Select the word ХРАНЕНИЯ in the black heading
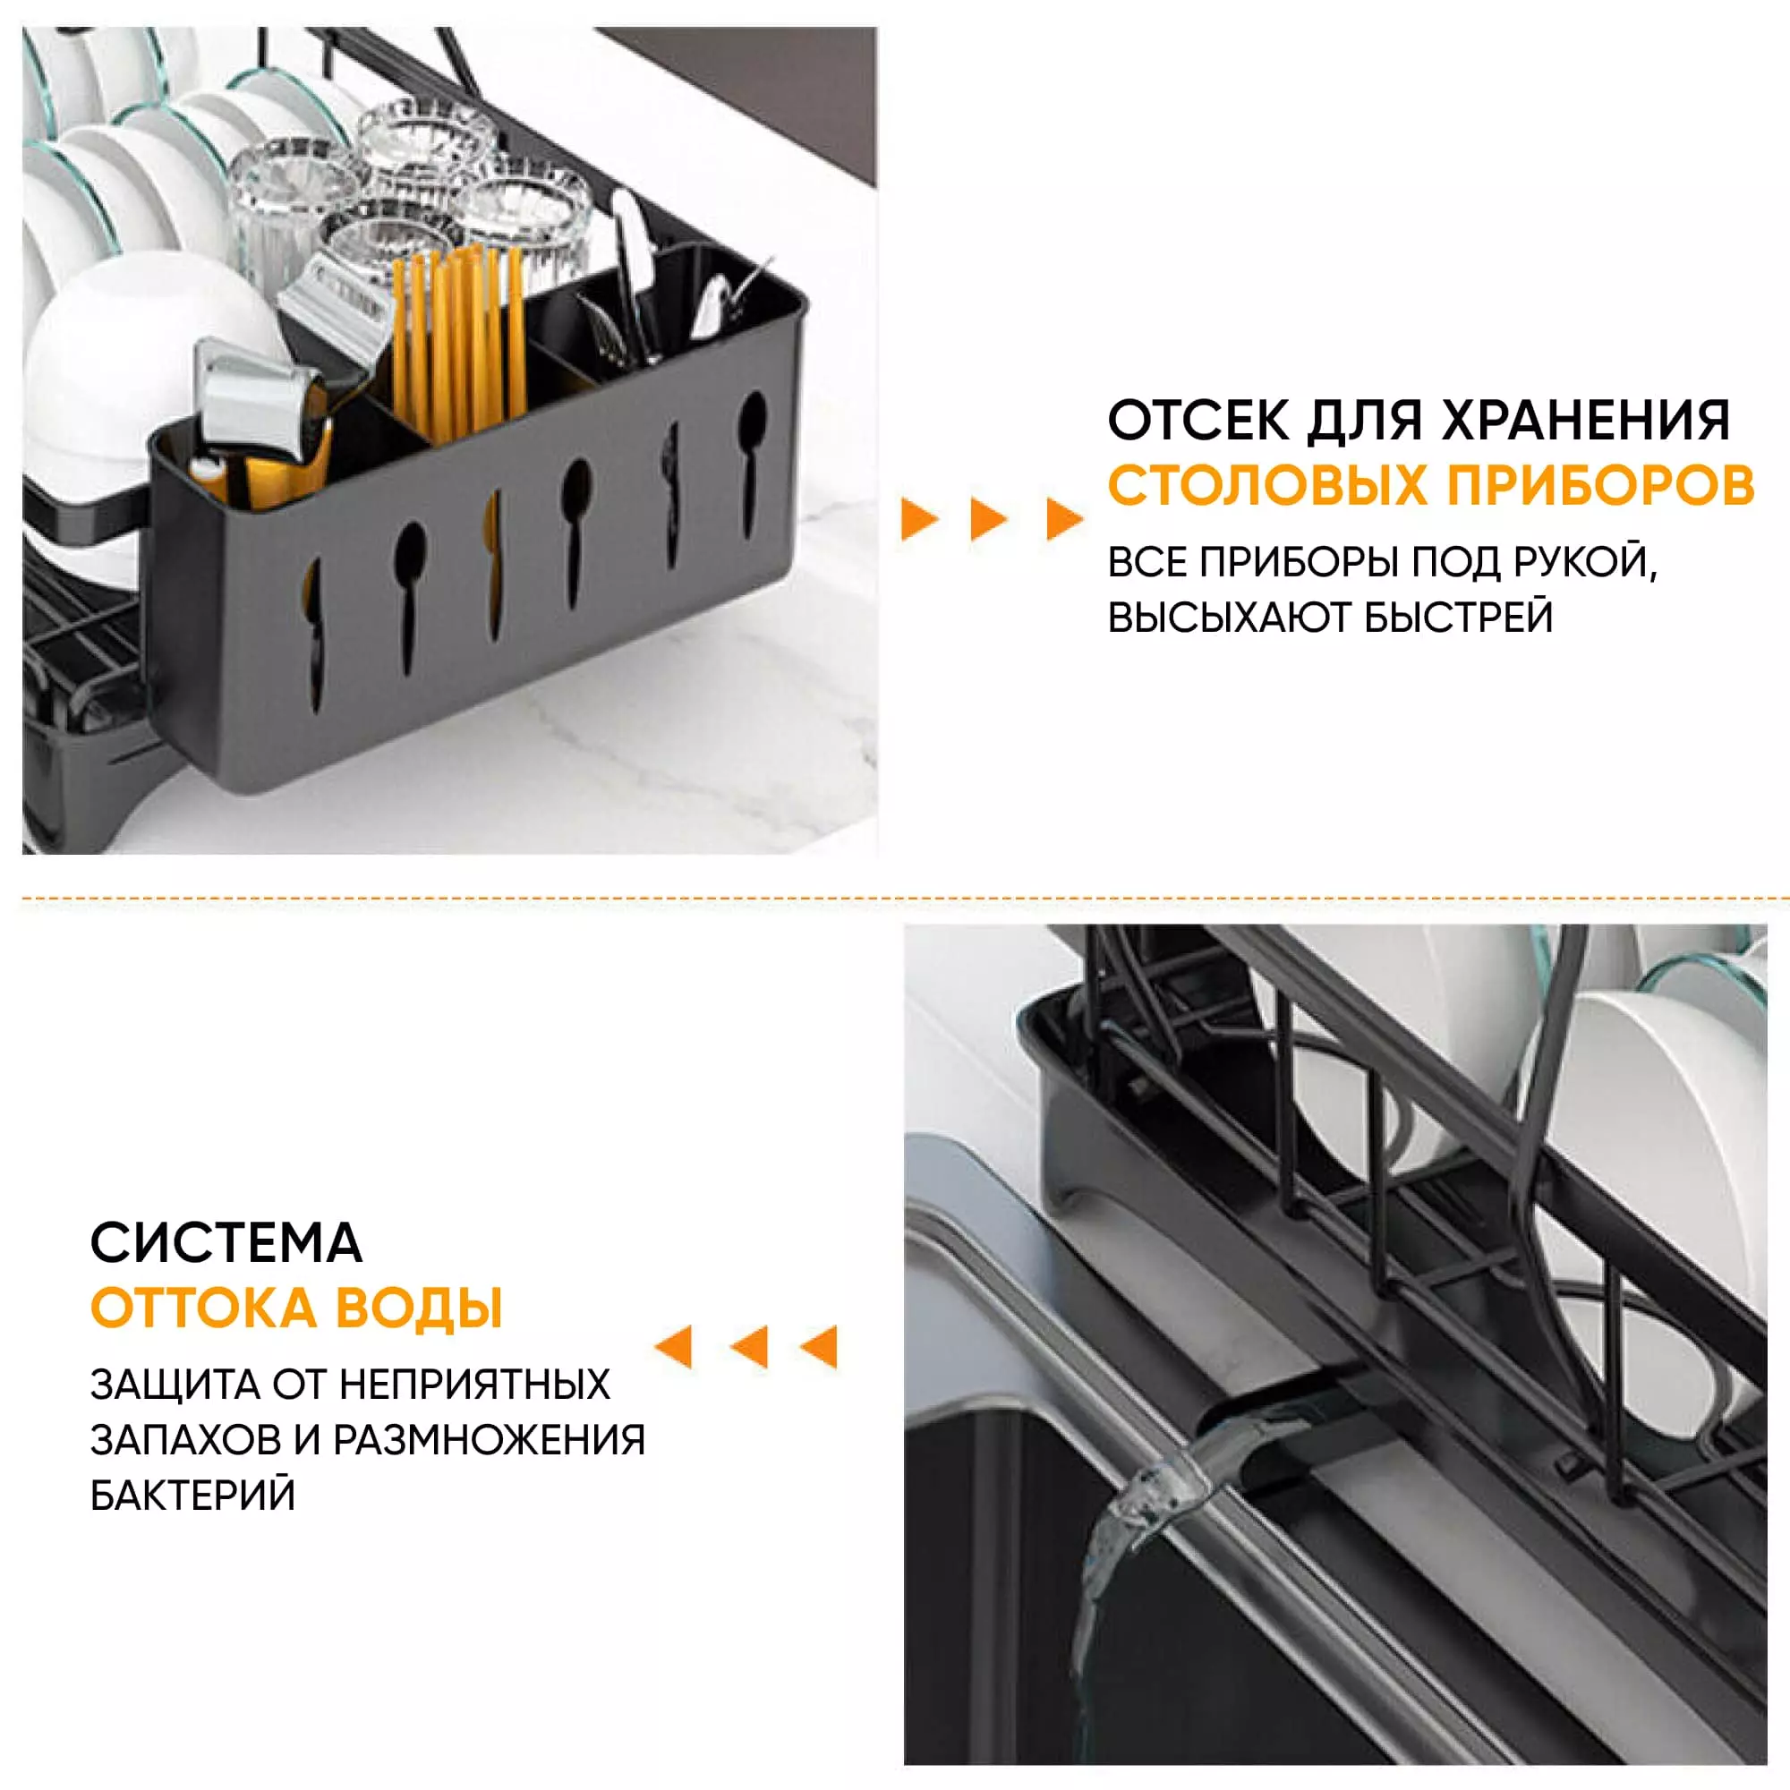click(x=1586, y=421)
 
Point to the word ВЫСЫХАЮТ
click(x=1229, y=618)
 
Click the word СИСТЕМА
click(x=226, y=1243)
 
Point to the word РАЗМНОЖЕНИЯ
click(x=489, y=1441)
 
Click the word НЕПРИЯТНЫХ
click(x=474, y=1385)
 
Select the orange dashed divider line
click(x=905, y=898)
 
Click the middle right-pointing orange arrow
click(x=990, y=519)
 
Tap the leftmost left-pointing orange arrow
click(x=674, y=1347)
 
